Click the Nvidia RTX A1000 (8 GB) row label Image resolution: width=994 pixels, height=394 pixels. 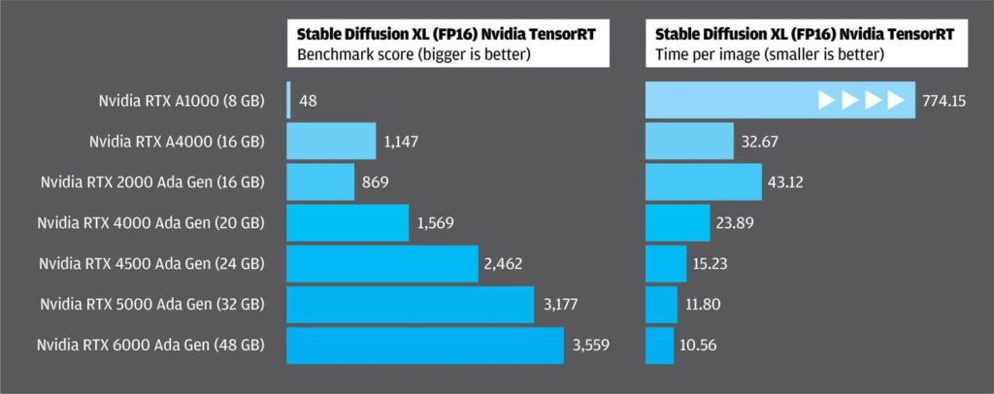(x=181, y=100)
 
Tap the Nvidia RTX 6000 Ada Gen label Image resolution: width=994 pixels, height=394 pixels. (x=151, y=345)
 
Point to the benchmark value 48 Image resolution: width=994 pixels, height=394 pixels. (x=307, y=100)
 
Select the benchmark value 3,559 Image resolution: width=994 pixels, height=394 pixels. (x=592, y=345)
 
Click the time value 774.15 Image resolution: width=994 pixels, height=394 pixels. (x=944, y=100)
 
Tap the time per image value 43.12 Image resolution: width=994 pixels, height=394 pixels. (x=789, y=181)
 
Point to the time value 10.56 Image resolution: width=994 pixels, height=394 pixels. (x=701, y=345)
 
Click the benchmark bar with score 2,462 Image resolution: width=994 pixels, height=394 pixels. (x=383, y=263)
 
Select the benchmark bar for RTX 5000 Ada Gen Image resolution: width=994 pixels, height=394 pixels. (x=411, y=304)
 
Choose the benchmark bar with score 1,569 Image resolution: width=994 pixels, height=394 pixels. (x=348, y=222)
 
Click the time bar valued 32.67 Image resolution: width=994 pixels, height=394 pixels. (x=690, y=142)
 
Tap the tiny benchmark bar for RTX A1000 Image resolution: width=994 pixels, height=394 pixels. (x=289, y=100)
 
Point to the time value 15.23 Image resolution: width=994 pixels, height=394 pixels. (x=714, y=263)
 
